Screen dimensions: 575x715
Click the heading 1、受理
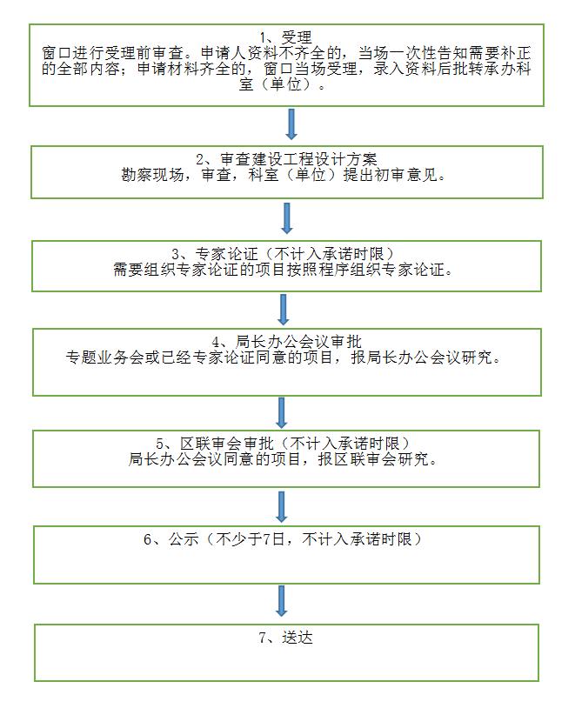tap(286, 37)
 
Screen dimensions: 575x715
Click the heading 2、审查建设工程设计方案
tap(286, 159)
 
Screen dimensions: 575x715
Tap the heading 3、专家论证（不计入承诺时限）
tap(283, 253)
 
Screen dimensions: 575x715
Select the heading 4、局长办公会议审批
tap(286, 342)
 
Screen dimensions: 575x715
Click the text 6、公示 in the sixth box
tap(171, 539)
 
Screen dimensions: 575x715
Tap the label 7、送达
tap(286, 637)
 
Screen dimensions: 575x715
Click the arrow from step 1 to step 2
tap(291, 124)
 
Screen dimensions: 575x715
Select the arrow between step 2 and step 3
tap(287, 218)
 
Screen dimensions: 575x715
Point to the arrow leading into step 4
tap(284, 310)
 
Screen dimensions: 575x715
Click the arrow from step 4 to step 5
tap(282, 412)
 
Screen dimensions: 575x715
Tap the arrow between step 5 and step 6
tap(282, 506)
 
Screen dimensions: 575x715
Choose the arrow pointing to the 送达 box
tap(281, 601)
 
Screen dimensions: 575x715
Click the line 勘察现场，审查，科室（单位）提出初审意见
tap(284, 175)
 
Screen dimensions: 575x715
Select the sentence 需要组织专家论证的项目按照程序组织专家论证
tap(284, 269)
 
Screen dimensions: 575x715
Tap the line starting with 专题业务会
tap(284, 357)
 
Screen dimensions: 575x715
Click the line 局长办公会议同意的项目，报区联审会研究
tap(284, 458)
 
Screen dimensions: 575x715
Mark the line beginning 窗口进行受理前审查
tap(286, 53)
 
